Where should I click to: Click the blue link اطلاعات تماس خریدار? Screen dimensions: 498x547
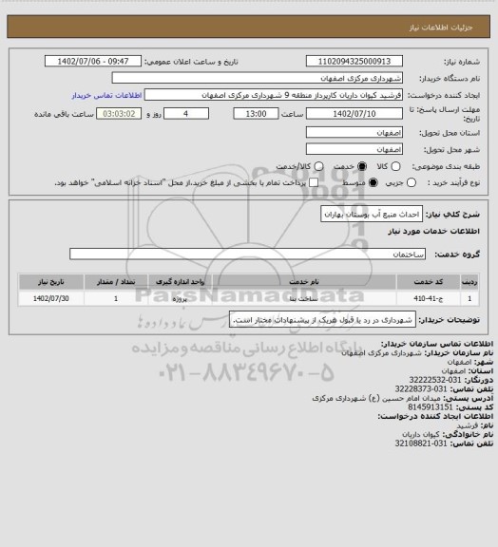click(x=106, y=96)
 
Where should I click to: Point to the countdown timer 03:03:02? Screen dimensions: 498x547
click(x=125, y=113)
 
